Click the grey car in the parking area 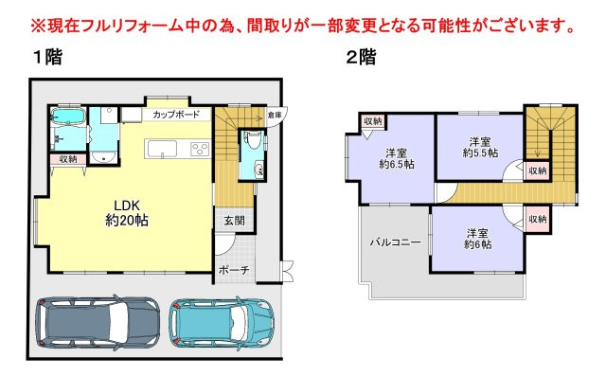pos(98,322)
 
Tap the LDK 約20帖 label pos(127,213)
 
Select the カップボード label pos(176,115)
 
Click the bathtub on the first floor pos(68,116)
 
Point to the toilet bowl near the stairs pos(253,141)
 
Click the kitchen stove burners pos(200,149)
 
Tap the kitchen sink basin pos(162,149)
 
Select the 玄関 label pos(234,221)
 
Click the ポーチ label pos(234,270)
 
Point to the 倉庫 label pos(276,115)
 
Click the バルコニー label pos(396,242)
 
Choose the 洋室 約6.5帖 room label pos(397,158)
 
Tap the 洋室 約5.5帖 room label pos(480,147)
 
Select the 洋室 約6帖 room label pos(477,239)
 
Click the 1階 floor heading pos(47,58)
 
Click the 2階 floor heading pos(361,58)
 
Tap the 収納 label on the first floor pos(68,159)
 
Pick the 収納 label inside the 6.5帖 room pos(373,121)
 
